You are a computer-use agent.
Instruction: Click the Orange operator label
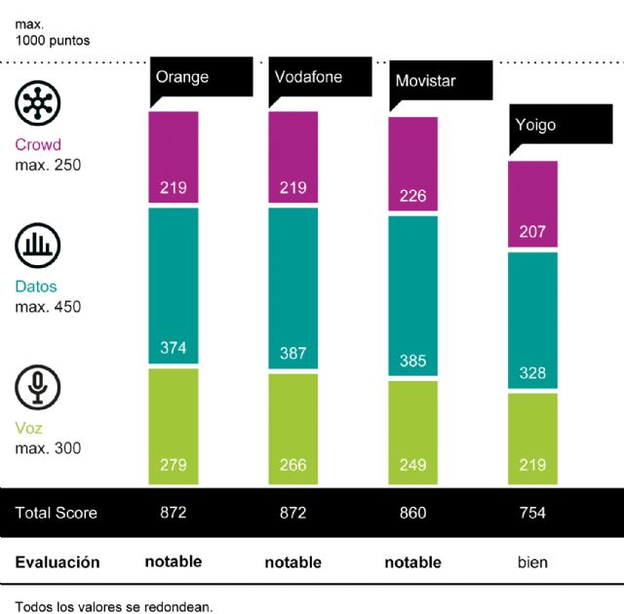click(182, 77)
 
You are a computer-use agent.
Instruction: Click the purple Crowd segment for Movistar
click(413, 164)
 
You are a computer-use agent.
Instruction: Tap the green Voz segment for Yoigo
click(532, 438)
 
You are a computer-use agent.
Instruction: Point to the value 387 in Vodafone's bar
click(292, 354)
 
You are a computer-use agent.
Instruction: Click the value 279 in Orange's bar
click(174, 465)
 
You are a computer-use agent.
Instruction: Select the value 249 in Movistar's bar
click(413, 465)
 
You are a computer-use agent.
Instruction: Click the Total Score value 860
click(413, 513)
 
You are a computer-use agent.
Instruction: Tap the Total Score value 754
click(532, 513)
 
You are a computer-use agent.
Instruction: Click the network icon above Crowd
click(37, 103)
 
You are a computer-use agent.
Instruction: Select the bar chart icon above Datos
click(37, 246)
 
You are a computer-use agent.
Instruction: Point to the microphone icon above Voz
click(37, 387)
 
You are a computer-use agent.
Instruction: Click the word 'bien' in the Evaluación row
click(532, 562)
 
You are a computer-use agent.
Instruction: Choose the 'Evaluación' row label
click(58, 562)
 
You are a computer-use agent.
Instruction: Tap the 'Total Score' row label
click(57, 513)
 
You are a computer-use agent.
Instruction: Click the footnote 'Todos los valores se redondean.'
click(114, 605)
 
